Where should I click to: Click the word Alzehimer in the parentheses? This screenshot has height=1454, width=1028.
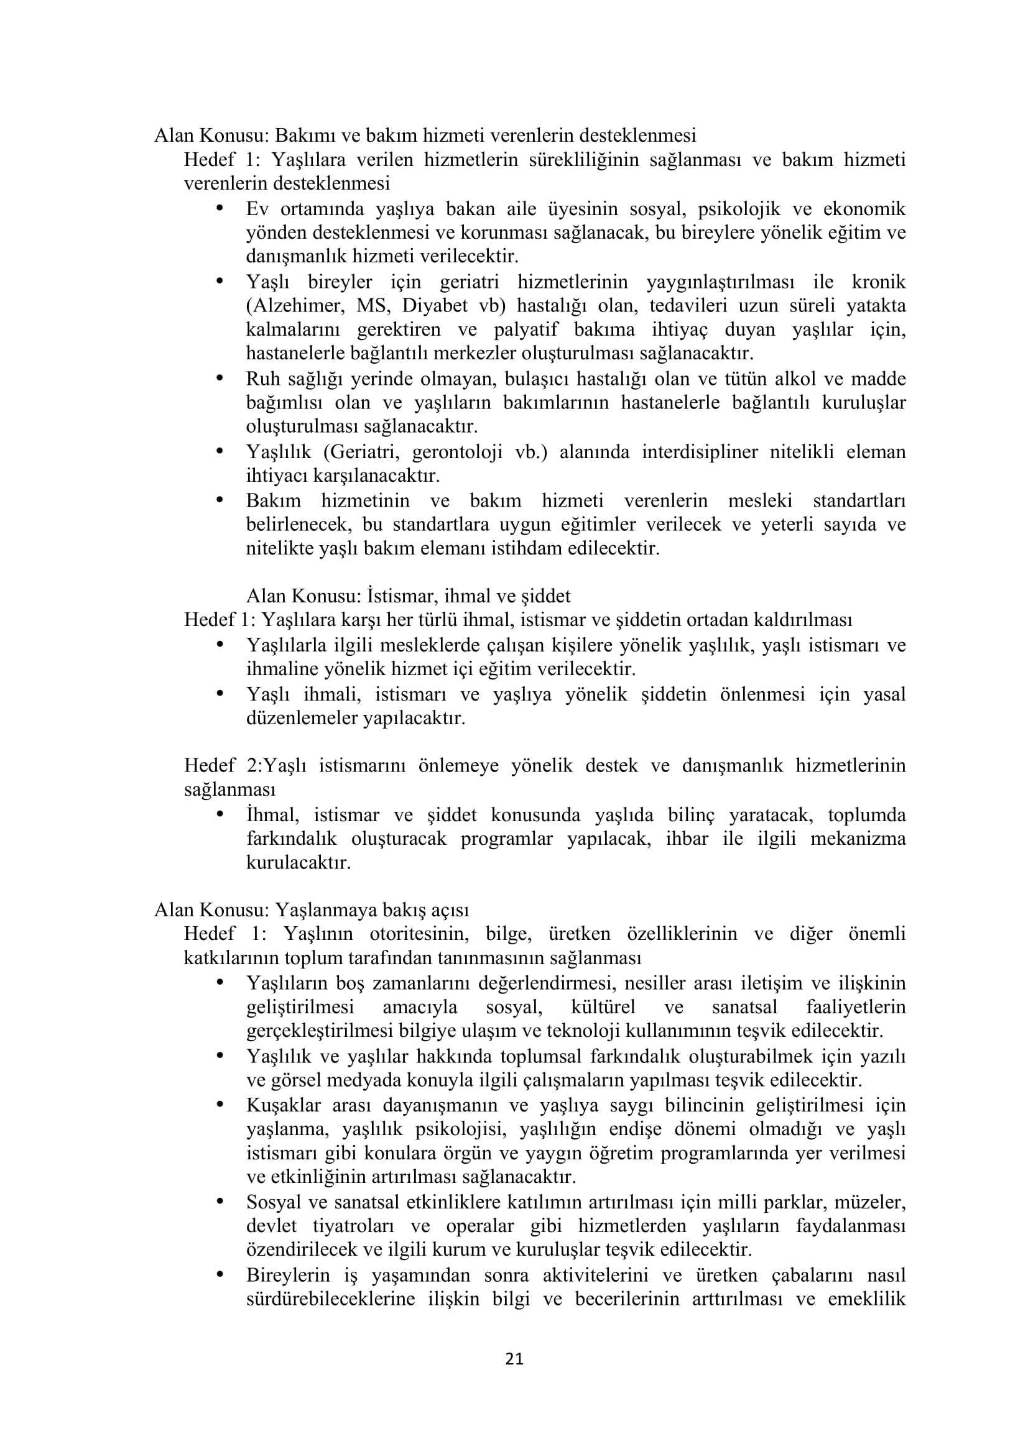[295, 306]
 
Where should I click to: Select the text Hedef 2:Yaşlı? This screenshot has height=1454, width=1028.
[245, 766]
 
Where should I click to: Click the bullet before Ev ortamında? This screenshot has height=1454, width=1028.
[220, 207]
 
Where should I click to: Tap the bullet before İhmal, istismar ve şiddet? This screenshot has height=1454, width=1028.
[220, 814]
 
